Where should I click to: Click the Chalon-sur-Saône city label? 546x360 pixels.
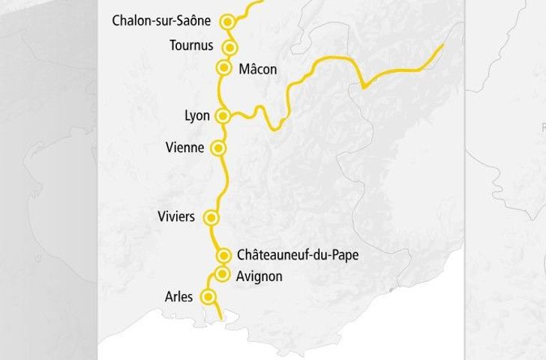161,20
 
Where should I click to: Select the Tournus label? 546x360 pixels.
191,45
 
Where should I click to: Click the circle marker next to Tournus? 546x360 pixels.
230,48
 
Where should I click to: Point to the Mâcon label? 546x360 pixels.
257,69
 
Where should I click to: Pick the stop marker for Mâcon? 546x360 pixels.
223,68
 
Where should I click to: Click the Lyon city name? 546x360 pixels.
196,116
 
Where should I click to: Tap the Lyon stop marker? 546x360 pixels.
223,116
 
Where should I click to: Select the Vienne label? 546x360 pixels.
184,148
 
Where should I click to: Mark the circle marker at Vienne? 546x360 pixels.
218,148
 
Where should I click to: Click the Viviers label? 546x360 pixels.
177,217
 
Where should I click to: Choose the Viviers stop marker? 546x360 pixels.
211,219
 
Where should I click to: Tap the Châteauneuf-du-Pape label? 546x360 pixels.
297,255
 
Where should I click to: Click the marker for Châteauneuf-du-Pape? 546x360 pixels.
223,256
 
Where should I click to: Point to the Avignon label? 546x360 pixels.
259,277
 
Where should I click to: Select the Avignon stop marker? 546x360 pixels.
221,274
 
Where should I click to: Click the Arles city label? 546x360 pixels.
178,297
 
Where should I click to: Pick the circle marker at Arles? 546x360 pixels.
208,297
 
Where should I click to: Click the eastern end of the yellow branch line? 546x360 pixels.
443,45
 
